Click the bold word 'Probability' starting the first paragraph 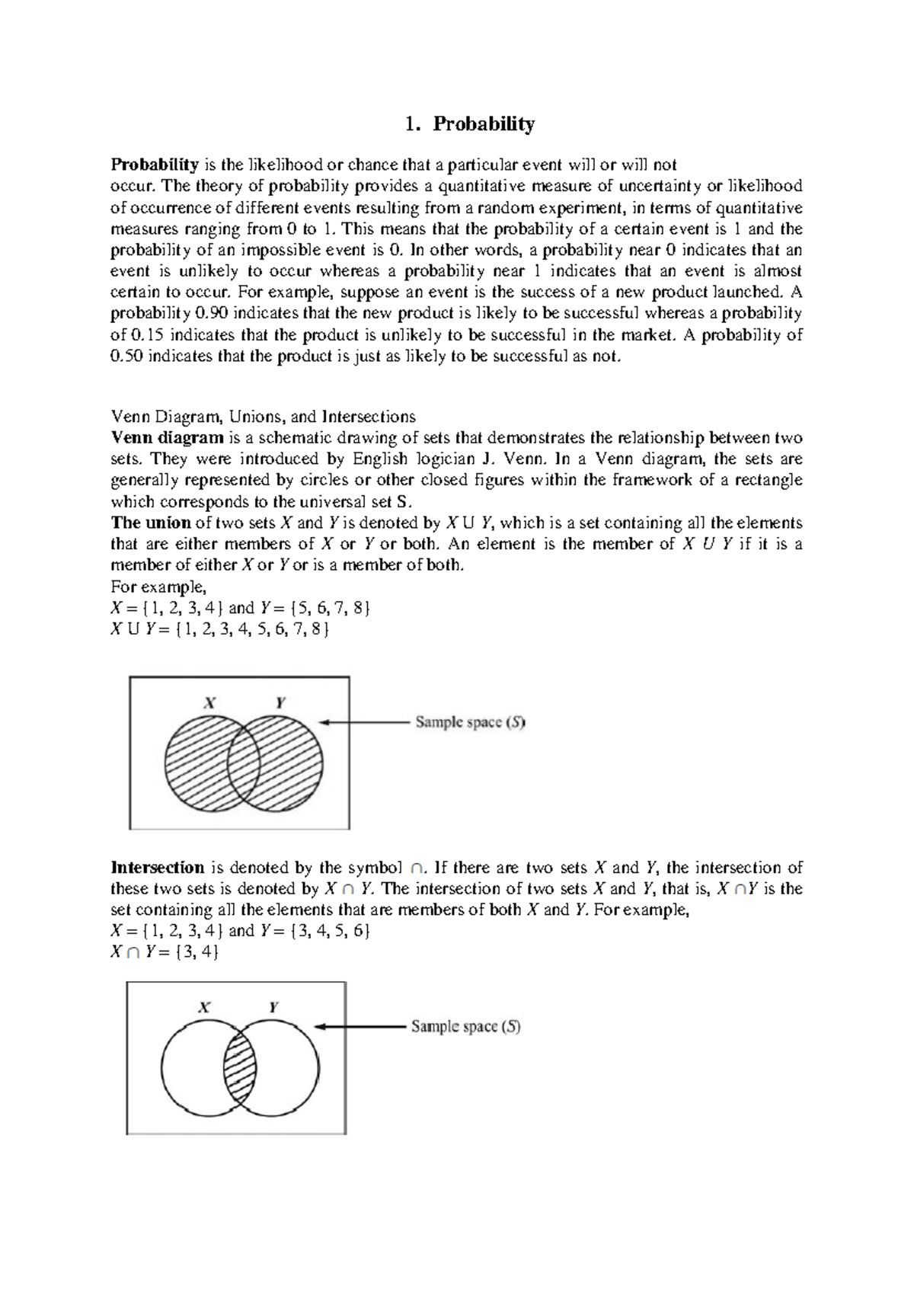click(x=155, y=165)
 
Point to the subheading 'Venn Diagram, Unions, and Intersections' click(x=263, y=417)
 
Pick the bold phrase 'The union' click(x=151, y=523)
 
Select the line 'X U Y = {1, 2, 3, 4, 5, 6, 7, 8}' click(x=219, y=629)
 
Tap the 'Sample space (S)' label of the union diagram click(x=470, y=722)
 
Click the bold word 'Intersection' click(x=158, y=868)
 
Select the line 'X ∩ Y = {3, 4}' click(x=165, y=952)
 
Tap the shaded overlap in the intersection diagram click(x=240, y=1064)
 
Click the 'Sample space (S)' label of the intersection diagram click(x=465, y=1027)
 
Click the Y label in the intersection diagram click(x=273, y=1007)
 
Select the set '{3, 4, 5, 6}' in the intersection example click(x=331, y=931)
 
